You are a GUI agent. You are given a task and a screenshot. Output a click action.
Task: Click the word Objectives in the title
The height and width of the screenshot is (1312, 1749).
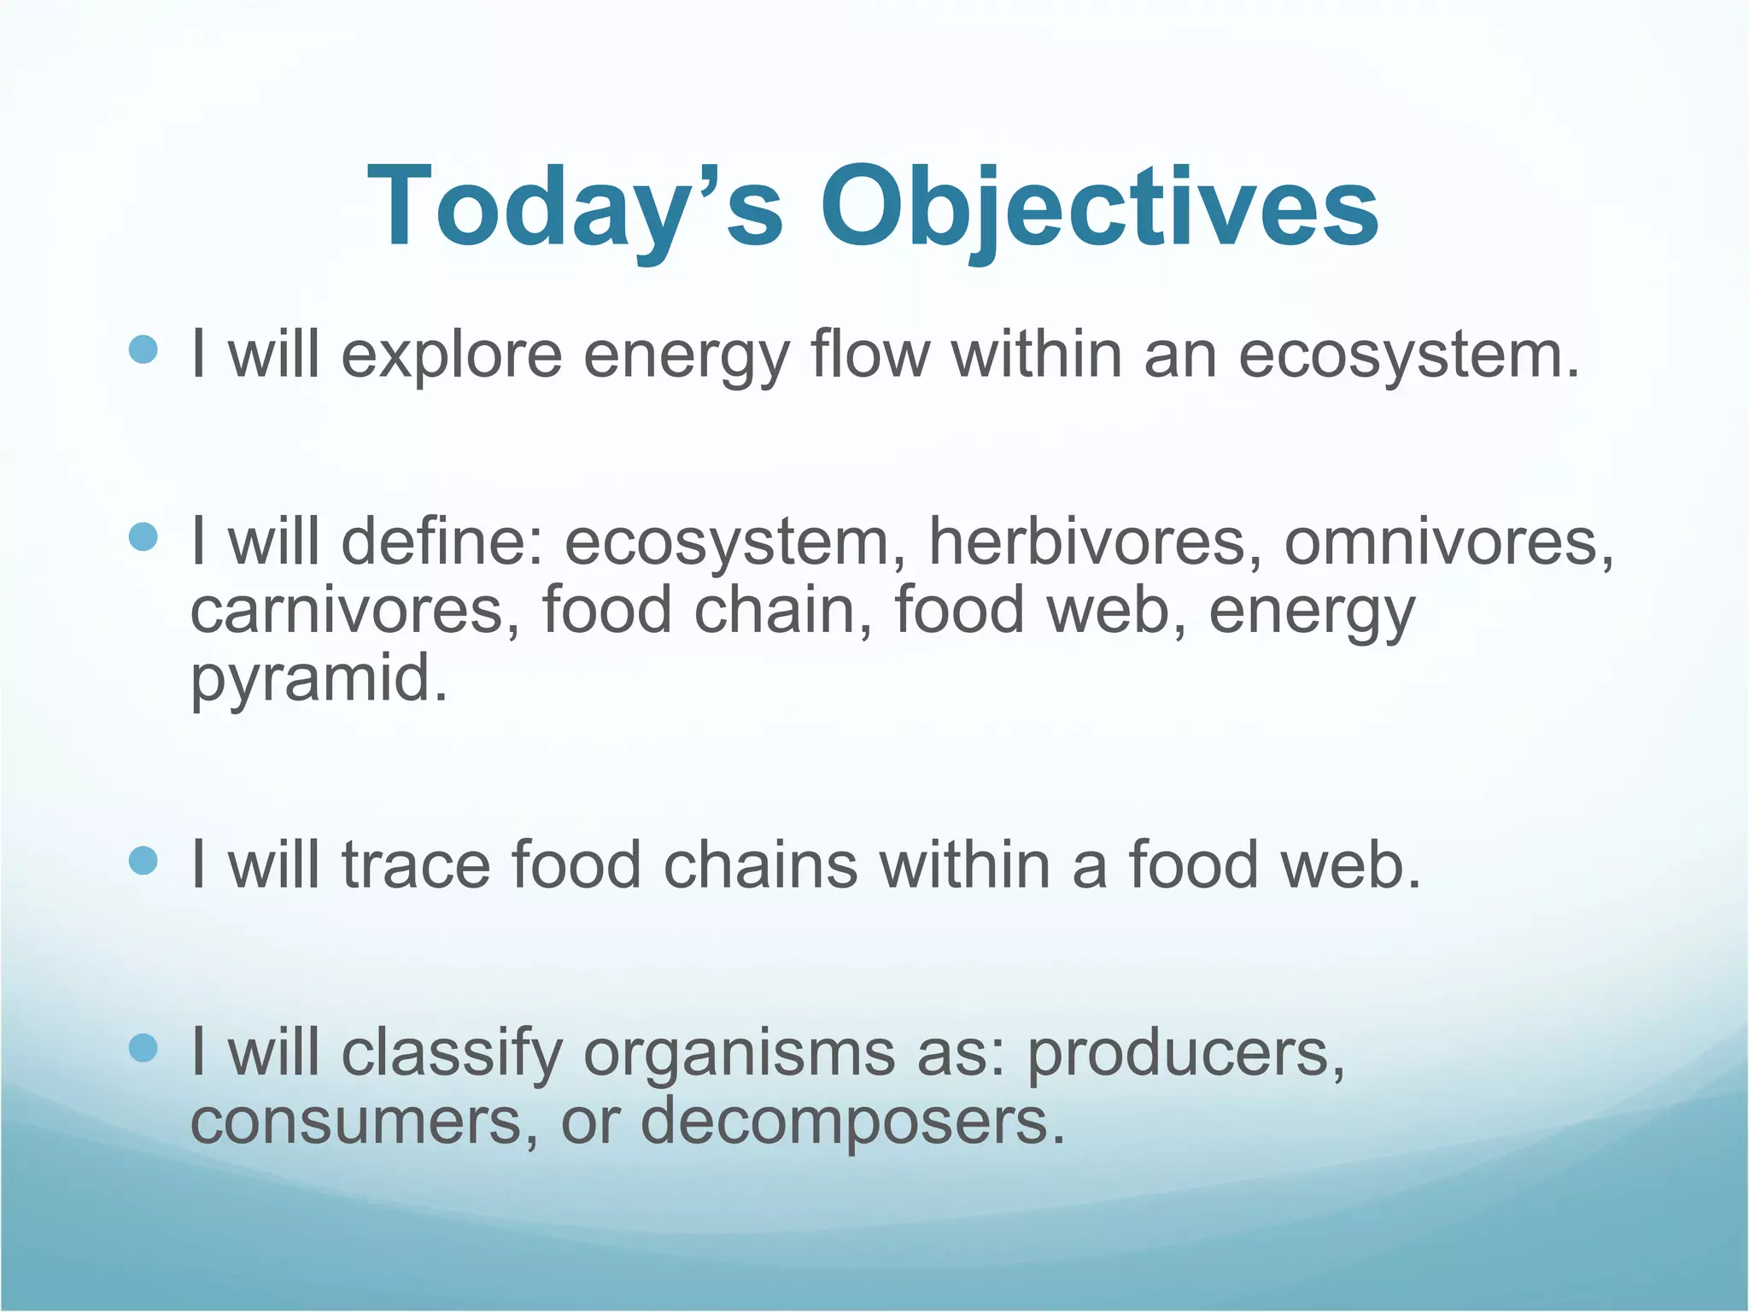pyautogui.click(x=1099, y=208)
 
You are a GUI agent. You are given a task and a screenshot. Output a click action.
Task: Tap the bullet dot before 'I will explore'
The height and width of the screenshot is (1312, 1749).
pyautogui.click(x=143, y=350)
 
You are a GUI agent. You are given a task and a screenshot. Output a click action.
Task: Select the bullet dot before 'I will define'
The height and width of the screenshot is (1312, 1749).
pyautogui.click(x=143, y=537)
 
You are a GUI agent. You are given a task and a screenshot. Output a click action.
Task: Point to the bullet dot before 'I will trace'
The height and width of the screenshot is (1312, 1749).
pyautogui.click(x=143, y=861)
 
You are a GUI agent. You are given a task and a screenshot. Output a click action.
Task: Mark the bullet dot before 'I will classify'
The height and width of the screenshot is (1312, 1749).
pyautogui.click(x=143, y=1048)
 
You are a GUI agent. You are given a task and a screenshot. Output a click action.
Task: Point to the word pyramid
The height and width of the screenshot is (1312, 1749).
pyautogui.click(x=318, y=681)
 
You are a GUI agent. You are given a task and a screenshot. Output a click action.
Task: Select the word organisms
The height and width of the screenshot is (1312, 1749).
pyautogui.click(x=739, y=1054)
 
